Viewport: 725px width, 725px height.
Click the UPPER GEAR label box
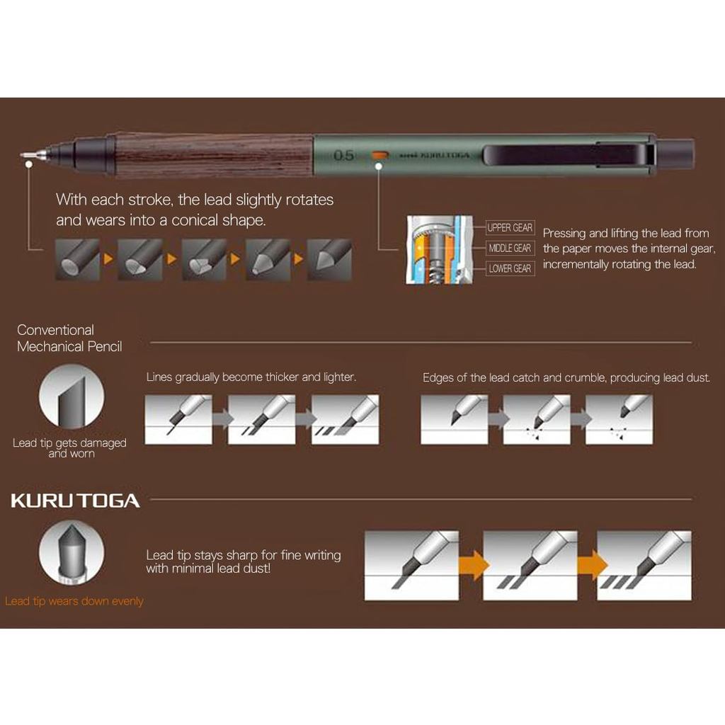510,227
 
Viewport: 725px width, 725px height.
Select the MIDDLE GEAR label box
510,249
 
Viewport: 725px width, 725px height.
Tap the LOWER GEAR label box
510,268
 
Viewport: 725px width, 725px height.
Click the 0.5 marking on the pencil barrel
343,155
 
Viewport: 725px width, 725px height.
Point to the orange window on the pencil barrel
379,155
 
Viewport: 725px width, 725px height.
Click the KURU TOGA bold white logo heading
75,501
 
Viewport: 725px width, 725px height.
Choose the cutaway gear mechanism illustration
439,249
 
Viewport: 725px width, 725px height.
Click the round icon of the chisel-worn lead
72,396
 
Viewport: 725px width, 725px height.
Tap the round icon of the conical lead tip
72,552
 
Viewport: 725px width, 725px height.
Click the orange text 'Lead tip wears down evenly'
74,601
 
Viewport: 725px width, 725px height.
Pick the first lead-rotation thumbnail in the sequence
77,259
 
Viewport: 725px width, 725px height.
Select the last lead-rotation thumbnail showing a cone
330,259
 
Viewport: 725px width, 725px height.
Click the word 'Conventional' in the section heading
55,330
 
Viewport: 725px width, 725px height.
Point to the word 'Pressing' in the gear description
564,234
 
